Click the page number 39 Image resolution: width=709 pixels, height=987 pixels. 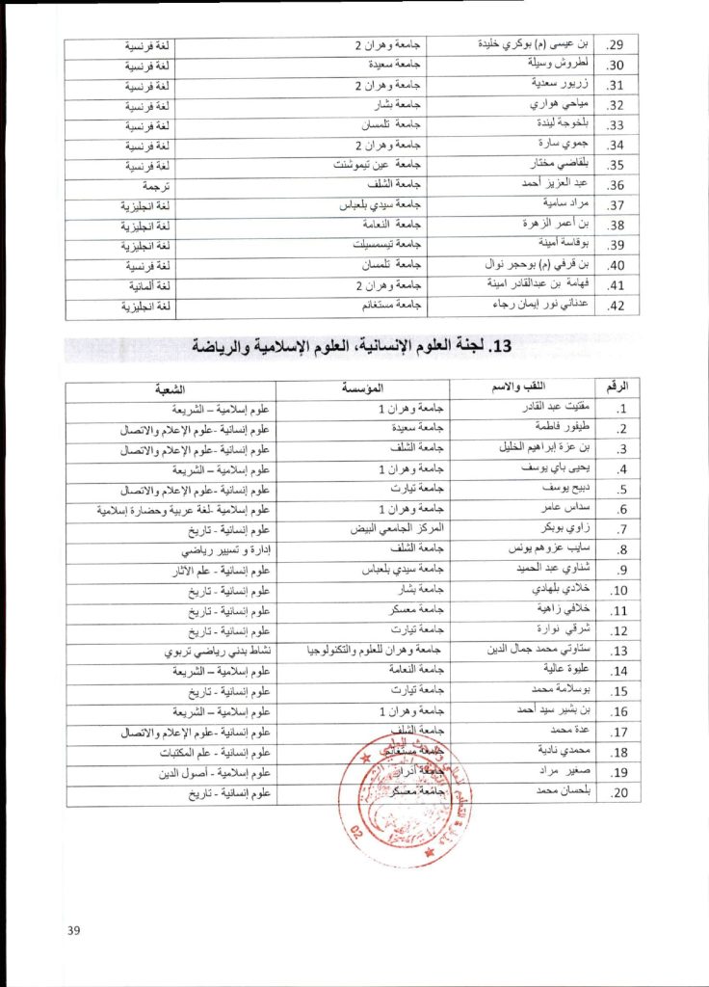click(x=74, y=929)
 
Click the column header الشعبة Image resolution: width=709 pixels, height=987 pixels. click(x=170, y=387)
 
